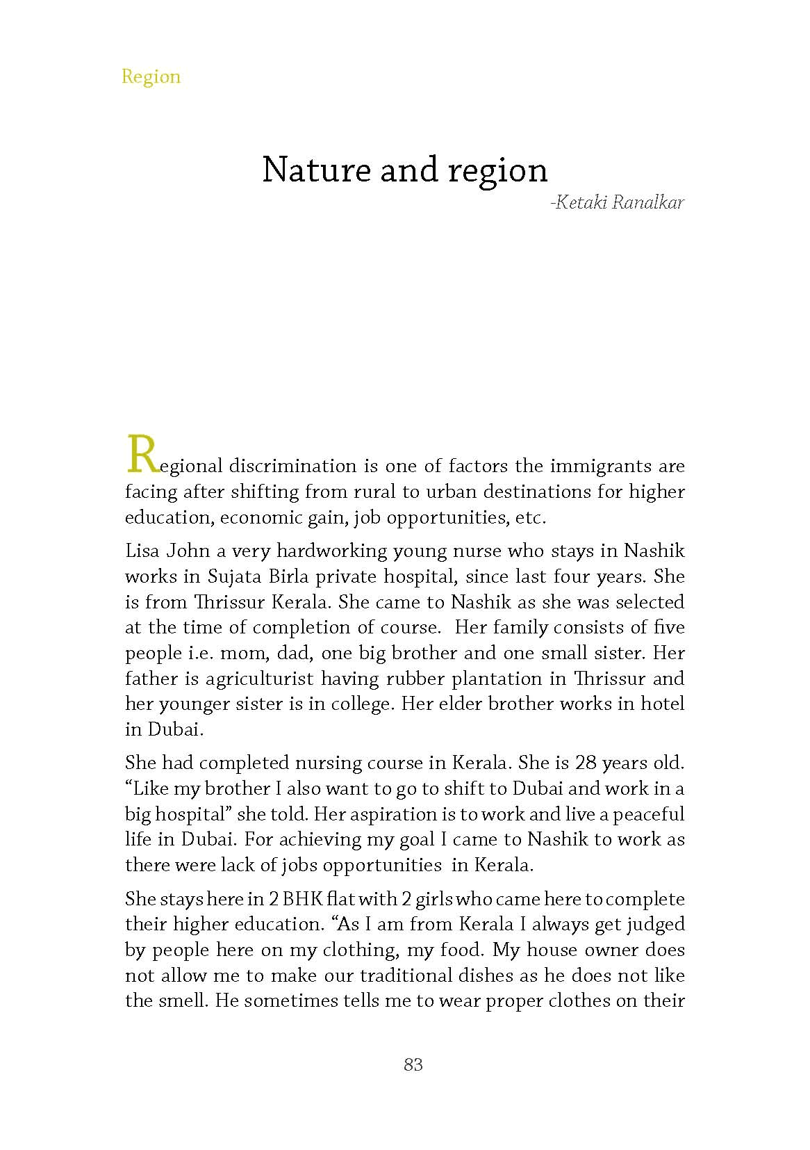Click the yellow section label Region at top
pos(151,76)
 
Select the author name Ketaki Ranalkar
pos(617,203)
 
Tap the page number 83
pos(413,1064)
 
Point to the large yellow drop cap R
pos(141,455)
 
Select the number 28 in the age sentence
pos(586,763)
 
